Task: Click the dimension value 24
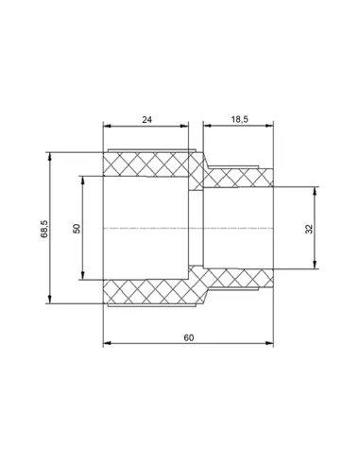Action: pyautogui.click(x=146, y=120)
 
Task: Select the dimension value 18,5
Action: pyautogui.click(x=240, y=119)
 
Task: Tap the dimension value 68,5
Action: pyautogui.click(x=44, y=229)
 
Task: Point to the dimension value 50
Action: pyautogui.click(x=77, y=229)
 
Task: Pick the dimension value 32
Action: pyautogui.click(x=309, y=229)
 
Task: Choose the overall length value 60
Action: pyautogui.click(x=189, y=337)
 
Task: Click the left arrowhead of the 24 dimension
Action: pyautogui.click(x=108, y=126)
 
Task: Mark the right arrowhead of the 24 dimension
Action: pyautogui.click(x=184, y=126)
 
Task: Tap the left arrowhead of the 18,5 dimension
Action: pyautogui.click(x=207, y=126)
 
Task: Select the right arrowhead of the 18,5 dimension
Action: pyautogui.click(x=269, y=126)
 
